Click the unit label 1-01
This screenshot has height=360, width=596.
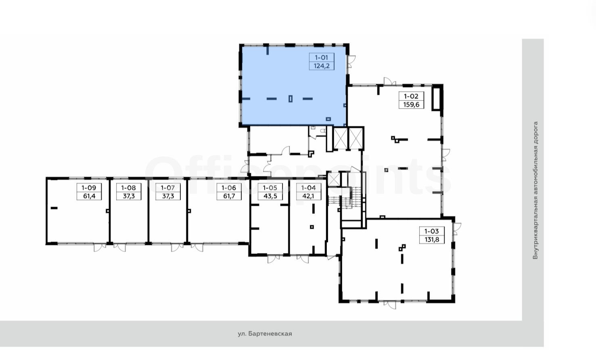point(322,57)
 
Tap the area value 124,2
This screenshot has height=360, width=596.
point(322,66)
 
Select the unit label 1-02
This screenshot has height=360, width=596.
point(411,96)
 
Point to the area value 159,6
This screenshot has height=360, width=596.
point(411,105)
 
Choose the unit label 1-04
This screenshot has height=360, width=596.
point(309,188)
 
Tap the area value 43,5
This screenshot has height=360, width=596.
point(270,196)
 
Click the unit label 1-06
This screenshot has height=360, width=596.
point(229,188)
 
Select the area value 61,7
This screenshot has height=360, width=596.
point(229,196)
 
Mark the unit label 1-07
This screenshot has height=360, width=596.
point(168,188)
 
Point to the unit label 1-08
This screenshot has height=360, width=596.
point(128,188)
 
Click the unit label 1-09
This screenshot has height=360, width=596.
point(89,188)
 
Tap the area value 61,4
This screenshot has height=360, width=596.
point(89,196)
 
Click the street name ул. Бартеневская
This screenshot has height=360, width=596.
point(265,334)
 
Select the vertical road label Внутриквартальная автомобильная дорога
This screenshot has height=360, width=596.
point(535,190)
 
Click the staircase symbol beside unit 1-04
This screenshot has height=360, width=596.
point(345,197)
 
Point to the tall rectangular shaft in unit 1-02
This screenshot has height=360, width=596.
point(436,98)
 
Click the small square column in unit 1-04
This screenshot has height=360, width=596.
point(312,227)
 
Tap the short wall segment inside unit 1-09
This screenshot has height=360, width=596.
point(54,208)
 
